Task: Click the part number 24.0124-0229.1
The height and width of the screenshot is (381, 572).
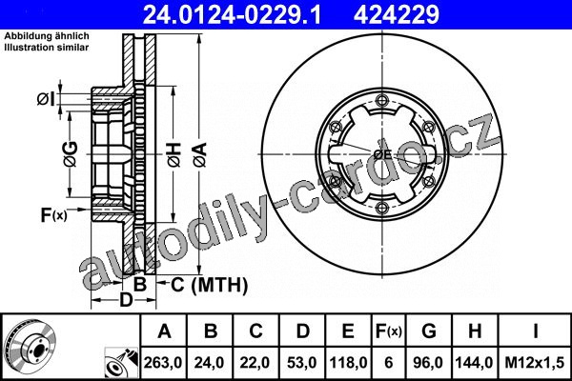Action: coord(233,14)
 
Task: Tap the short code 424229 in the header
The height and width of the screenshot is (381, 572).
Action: coord(397,14)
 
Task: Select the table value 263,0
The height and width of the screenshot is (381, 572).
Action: coord(163,363)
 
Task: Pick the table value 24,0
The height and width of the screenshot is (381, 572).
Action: coord(209,363)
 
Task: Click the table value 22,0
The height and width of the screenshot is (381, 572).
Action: coord(255,363)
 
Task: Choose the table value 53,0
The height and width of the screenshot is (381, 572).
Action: coord(302,363)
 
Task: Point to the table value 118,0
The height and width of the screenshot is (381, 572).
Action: coord(348,363)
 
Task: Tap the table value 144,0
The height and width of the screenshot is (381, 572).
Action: coord(474,363)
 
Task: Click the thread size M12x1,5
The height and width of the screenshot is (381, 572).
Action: coord(535,363)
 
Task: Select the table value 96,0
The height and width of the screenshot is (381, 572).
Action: coord(428,363)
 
